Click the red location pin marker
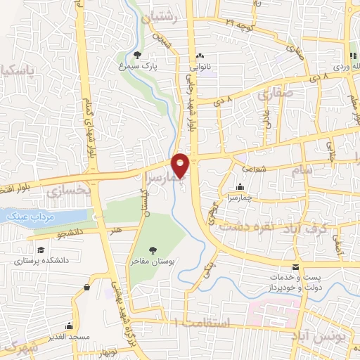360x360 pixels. (181, 165)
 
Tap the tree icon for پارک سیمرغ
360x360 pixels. (138, 56)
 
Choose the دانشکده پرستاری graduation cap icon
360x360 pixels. (41, 250)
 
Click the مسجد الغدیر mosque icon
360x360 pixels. (69, 326)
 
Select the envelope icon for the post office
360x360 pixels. (296, 267)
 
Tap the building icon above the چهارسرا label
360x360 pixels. (240, 187)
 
